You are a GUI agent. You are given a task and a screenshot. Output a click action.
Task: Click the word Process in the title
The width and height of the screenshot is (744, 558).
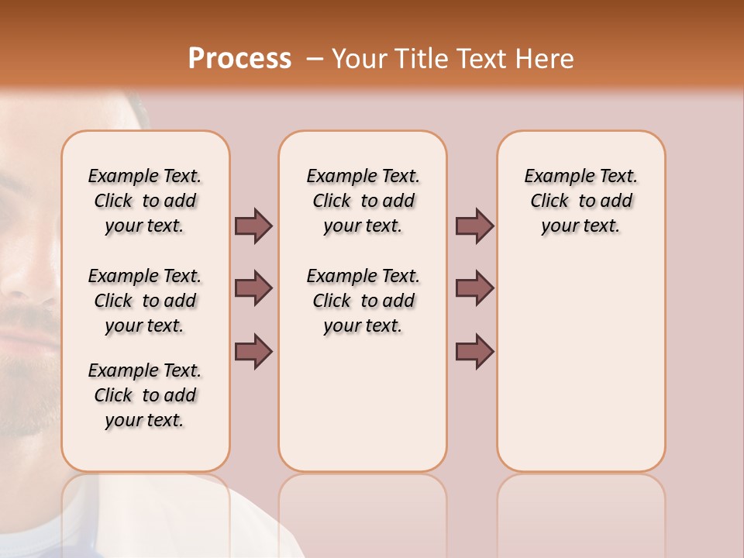(239, 58)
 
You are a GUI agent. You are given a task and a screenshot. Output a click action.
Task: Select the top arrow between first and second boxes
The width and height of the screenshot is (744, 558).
(253, 226)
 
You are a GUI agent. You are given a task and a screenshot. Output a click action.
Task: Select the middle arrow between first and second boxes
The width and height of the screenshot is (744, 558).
(253, 288)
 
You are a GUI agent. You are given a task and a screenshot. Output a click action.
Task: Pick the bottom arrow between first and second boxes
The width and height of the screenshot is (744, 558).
(253, 351)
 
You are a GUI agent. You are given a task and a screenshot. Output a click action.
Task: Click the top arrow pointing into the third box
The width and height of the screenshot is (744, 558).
(474, 226)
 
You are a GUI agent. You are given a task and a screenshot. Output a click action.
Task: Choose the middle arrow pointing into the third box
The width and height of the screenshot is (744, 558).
(474, 288)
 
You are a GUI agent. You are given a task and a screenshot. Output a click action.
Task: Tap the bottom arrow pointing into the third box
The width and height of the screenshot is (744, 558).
(474, 351)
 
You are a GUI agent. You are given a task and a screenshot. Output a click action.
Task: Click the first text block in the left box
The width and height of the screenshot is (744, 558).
(145, 201)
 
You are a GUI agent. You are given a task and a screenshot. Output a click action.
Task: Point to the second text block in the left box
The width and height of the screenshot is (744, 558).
(145, 301)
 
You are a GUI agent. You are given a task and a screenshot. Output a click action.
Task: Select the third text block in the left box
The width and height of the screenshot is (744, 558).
(145, 395)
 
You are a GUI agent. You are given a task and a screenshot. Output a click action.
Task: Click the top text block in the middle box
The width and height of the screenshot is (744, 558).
(363, 201)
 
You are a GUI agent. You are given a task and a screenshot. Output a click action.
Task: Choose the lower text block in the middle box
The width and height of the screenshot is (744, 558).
(363, 301)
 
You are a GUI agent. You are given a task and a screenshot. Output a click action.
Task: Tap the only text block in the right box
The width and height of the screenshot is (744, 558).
(580, 201)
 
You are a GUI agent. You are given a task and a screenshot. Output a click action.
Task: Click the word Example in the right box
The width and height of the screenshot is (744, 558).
(554, 177)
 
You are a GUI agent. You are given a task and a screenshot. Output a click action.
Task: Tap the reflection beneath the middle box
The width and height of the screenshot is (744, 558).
(363, 511)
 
